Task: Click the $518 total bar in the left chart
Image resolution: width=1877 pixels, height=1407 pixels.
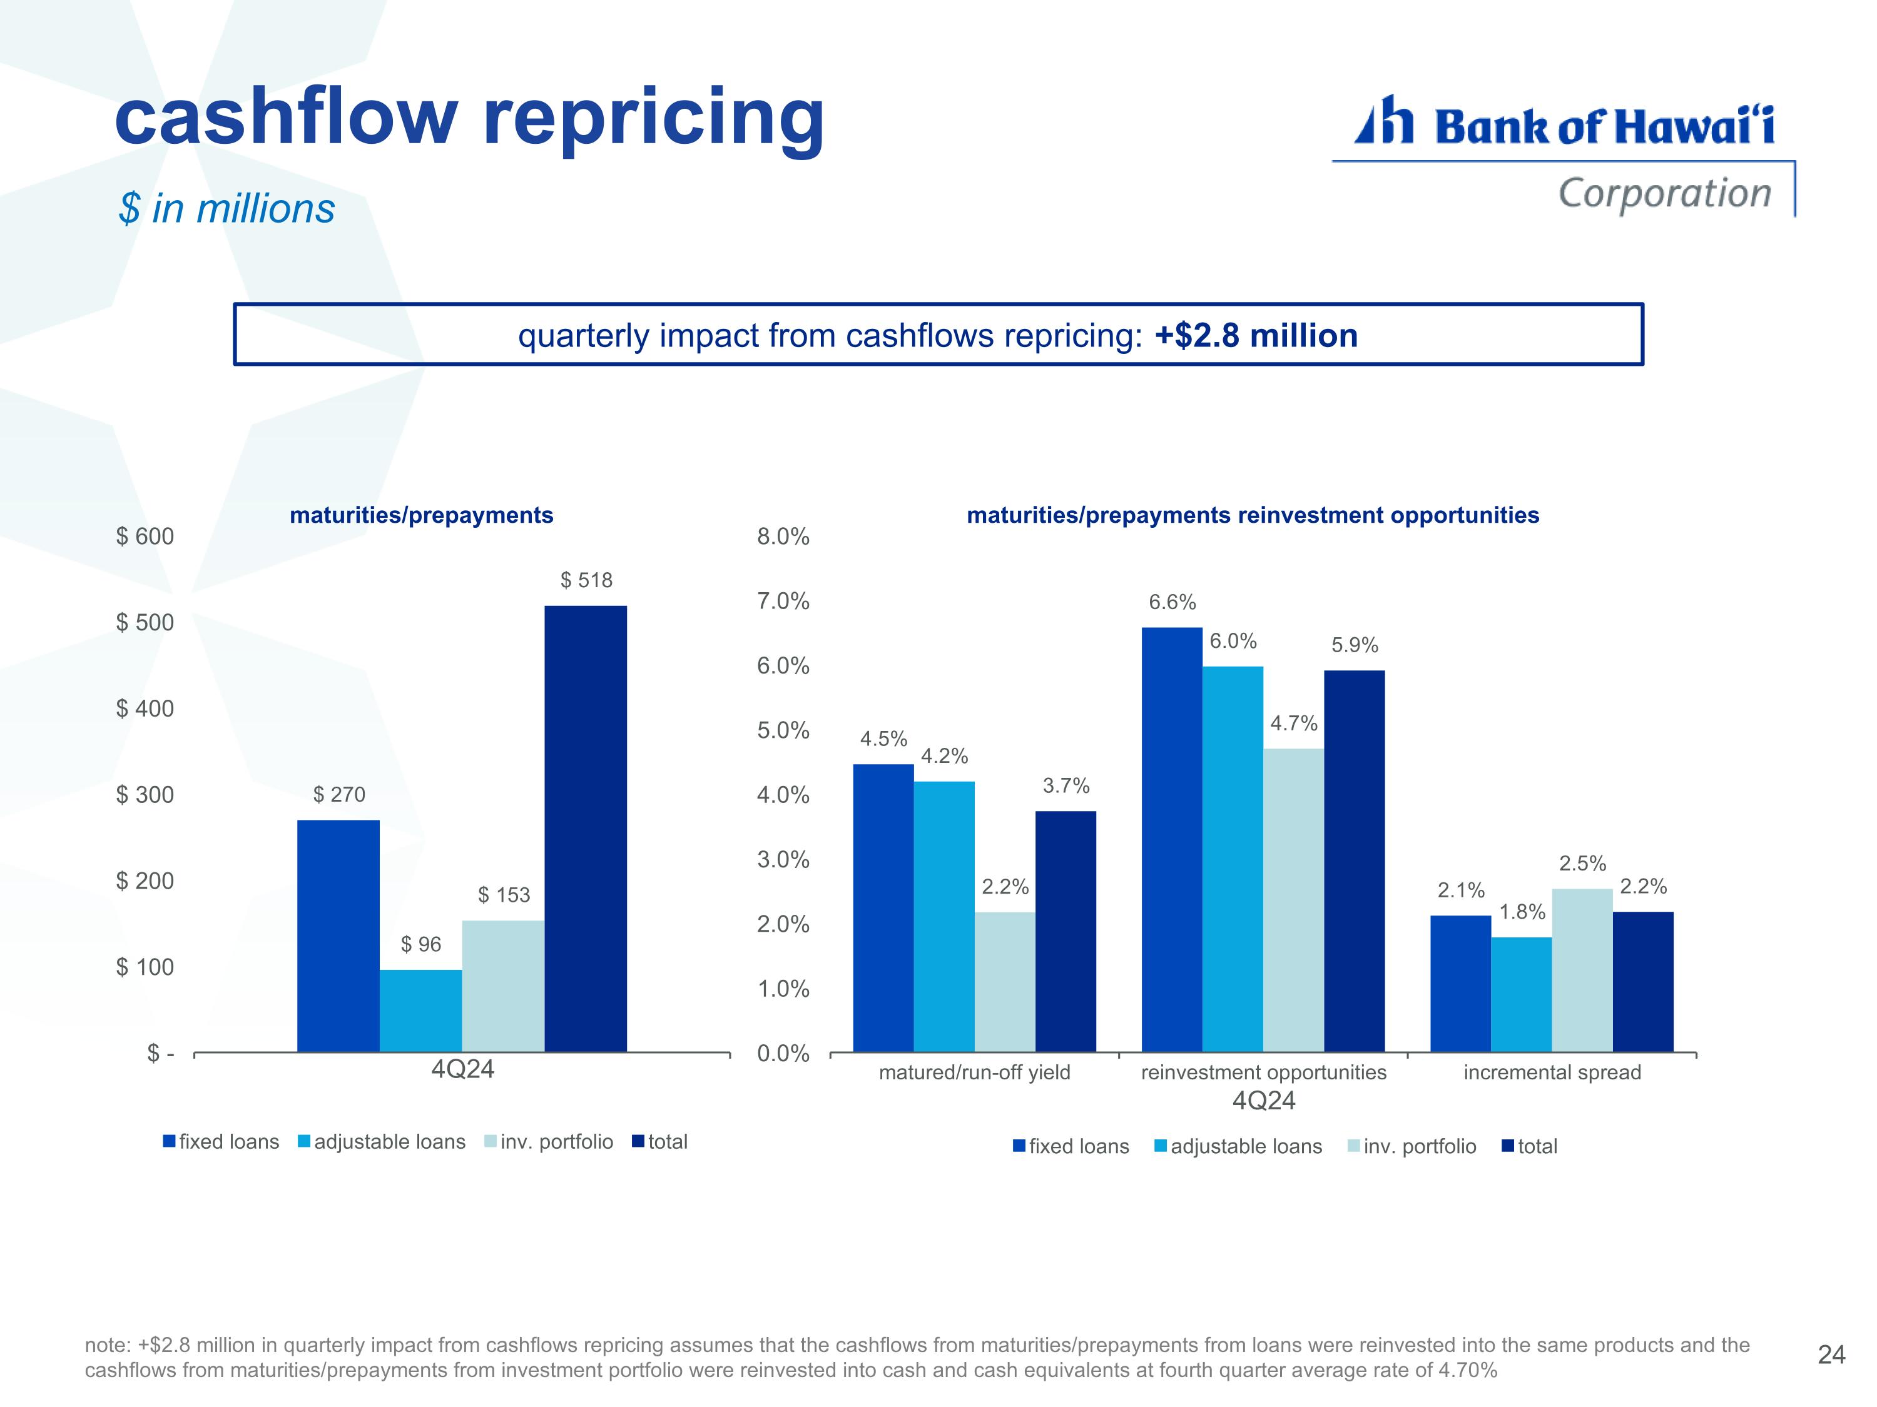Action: [586, 829]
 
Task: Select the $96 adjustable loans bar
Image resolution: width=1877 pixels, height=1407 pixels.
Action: [421, 1011]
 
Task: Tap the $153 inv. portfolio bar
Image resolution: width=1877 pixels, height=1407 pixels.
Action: [503, 986]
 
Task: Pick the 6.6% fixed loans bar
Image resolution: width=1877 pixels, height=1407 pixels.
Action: [1172, 840]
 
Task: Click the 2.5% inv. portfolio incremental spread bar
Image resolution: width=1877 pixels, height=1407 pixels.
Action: [1582, 971]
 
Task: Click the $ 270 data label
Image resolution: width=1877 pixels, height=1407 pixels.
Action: [339, 795]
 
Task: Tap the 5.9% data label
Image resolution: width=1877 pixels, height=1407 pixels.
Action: [1355, 645]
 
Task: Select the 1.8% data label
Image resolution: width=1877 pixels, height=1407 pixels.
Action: [1522, 912]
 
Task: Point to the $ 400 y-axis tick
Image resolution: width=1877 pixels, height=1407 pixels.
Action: [145, 708]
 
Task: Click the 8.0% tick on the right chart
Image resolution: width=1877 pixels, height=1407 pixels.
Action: [783, 536]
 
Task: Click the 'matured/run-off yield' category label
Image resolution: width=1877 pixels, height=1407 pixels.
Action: [974, 1073]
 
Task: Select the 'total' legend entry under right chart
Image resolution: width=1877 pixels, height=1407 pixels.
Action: [1530, 1147]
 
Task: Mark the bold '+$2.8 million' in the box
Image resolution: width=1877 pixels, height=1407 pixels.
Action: [1256, 336]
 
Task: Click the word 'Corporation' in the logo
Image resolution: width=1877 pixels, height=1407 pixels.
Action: [1665, 193]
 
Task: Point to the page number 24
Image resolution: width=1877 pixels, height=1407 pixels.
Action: [1831, 1354]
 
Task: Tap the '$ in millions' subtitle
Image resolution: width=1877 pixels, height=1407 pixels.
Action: [226, 209]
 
